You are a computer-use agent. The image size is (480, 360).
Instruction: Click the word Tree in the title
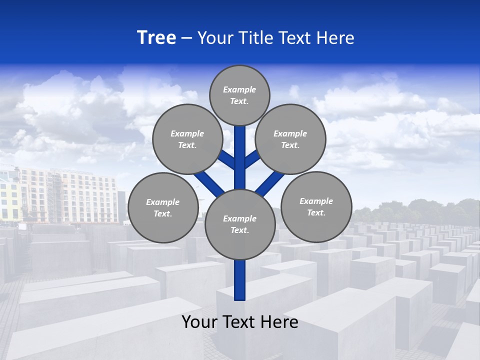click(156, 38)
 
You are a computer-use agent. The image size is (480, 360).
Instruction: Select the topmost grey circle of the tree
click(239, 95)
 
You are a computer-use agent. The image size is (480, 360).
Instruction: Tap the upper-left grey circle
click(187, 139)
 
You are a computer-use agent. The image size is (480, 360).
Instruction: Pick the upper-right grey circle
click(290, 139)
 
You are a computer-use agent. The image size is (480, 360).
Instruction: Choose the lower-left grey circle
click(163, 207)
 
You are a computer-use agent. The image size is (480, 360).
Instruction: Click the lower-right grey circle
click(316, 206)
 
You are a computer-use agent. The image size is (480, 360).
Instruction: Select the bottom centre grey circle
click(240, 224)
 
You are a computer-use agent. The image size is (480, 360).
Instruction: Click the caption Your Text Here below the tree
click(240, 322)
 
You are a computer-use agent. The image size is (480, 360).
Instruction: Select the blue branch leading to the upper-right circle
click(253, 159)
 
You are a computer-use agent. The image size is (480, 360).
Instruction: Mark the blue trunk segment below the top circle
click(240, 150)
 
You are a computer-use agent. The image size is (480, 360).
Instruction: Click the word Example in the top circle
click(239, 89)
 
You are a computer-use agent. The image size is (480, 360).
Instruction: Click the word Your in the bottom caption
click(199, 322)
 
